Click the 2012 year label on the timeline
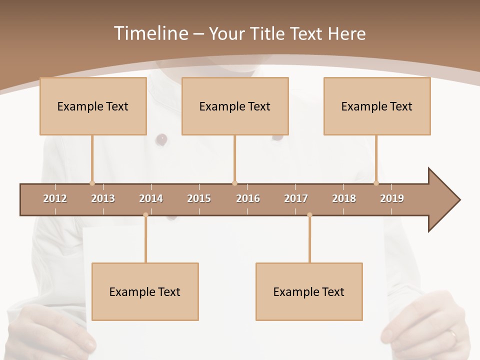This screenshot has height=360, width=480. [x=55, y=198]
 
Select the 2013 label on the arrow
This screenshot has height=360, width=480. [x=103, y=198]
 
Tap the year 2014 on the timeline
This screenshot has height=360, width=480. [x=151, y=198]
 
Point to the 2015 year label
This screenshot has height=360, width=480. [x=199, y=198]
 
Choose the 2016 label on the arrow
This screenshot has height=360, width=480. [x=248, y=198]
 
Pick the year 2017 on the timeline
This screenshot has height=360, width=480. [x=296, y=198]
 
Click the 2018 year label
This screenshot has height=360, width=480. [x=344, y=198]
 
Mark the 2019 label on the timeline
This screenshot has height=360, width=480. [x=392, y=198]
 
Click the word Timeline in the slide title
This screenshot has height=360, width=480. [x=150, y=33]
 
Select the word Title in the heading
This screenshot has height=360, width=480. [x=268, y=33]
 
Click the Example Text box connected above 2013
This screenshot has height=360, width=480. [x=93, y=106]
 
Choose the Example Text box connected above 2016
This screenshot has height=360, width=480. [x=235, y=106]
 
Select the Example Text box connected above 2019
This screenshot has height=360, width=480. [x=377, y=106]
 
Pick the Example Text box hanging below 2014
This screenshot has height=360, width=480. [x=145, y=291]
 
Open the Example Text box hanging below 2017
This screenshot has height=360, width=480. [x=309, y=291]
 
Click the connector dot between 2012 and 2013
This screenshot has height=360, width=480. [x=92, y=183]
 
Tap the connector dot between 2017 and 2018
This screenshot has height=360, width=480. [x=309, y=215]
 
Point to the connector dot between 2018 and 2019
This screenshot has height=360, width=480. [x=376, y=183]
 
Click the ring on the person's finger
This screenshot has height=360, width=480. [x=452, y=333]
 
